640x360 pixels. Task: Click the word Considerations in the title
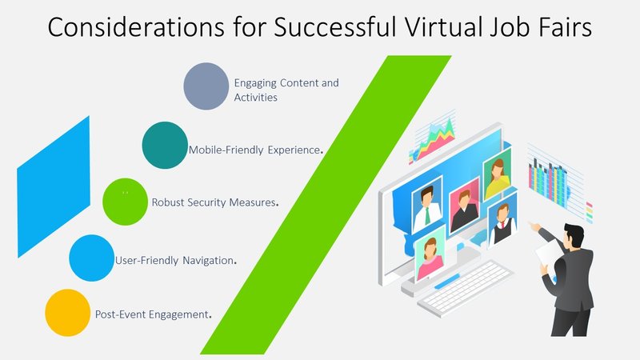[x=135, y=27]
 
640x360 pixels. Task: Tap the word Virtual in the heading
[x=443, y=27]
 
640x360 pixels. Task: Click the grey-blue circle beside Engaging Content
[x=206, y=86]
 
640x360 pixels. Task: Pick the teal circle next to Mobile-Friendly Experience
[x=165, y=145]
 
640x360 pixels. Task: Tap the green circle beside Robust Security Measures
[x=126, y=202]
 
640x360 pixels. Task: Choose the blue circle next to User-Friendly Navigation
[x=92, y=258]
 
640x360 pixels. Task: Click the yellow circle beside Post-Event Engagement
[x=68, y=313]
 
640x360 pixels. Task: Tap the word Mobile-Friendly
[x=226, y=150]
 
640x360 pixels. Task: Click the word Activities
[x=255, y=98]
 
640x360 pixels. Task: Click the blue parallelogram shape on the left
[x=54, y=187]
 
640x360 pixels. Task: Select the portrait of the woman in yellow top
[x=497, y=174]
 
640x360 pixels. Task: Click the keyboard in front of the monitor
[x=465, y=289]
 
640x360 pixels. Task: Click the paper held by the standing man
[x=548, y=253]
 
